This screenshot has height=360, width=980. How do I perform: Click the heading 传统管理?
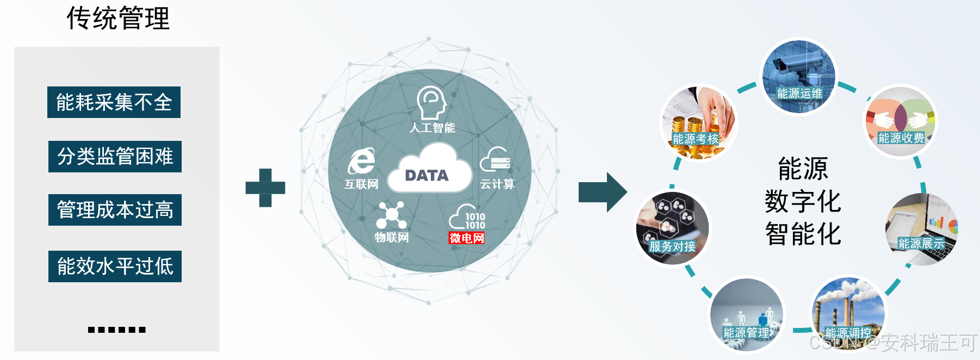[x=118, y=18]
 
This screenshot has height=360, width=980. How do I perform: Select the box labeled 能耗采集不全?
[x=114, y=102]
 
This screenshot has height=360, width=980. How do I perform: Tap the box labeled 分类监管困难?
[x=115, y=157]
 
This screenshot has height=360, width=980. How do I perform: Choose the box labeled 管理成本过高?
[x=115, y=210]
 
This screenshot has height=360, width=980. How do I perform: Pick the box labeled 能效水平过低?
[x=115, y=266]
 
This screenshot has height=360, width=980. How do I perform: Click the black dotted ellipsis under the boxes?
[x=116, y=330]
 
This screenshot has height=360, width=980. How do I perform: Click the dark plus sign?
[x=265, y=188]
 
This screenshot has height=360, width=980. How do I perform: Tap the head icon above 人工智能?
[x=431, y=103]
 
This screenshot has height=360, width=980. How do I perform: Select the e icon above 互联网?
[x=361, y=162]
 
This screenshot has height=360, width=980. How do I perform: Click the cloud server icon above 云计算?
[x=495, y=160]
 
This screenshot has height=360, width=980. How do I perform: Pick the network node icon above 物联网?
[x=391, y=215]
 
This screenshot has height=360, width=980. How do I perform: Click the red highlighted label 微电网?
[x=466, y=238]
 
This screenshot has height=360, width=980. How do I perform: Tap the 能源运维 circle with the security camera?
[x=798, y=77]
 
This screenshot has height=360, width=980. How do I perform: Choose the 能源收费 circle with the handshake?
[x=901, y=121]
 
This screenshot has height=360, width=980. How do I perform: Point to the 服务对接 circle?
[x=673, y=228]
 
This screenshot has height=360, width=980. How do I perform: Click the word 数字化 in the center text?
[x=803, y=202]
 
